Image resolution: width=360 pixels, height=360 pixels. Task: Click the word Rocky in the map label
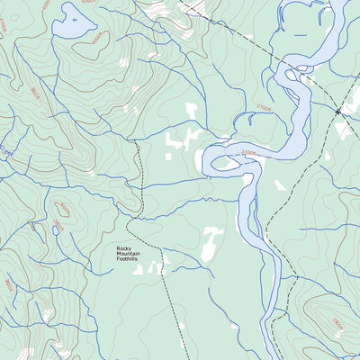coord(125,249)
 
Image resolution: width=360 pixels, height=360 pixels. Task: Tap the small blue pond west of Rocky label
coord(55,230)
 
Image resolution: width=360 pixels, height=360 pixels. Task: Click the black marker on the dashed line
coord(339,111)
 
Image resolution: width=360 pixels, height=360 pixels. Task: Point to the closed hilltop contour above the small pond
coord(63,210)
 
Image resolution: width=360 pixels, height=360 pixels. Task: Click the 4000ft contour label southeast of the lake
coord(97,38)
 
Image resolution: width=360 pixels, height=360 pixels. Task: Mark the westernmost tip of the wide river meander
coord(203,160)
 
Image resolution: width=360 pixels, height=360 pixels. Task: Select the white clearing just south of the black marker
coord(342,130)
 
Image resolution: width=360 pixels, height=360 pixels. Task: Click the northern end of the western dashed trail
coord(135,141)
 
